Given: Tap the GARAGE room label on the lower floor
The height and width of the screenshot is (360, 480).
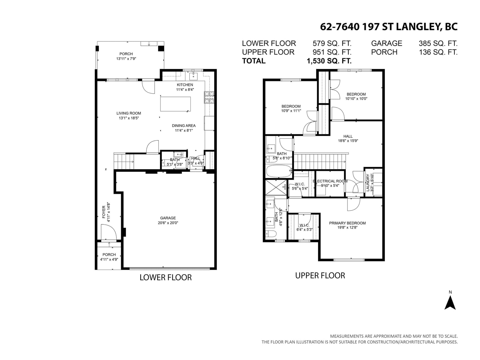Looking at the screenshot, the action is tap(168, 218).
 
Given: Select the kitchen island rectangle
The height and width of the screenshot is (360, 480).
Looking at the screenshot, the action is tap(175, 104).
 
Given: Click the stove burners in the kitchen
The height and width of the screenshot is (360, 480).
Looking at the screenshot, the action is tap(209, 97).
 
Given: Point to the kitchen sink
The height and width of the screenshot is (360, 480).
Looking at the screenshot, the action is tap(193, 76).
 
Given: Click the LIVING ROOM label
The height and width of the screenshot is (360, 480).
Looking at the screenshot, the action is tap(129, 113).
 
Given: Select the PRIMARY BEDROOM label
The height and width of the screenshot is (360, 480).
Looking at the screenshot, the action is tap(347, 223).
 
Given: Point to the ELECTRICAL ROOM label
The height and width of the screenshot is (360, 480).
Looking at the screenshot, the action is tap(330, 181).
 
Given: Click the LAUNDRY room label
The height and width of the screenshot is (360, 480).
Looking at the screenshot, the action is tap(368, 182).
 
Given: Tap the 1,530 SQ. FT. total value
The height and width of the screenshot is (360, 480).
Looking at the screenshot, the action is tap(329, 61).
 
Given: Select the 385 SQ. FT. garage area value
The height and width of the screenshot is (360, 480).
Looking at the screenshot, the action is tap(438, 43).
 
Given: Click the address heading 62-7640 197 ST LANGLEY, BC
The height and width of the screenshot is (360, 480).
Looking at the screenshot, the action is tap(389, 27).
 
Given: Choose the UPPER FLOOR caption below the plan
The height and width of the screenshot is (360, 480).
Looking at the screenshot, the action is tap(320, 276).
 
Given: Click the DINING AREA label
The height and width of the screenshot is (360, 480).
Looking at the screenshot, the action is tap(184, 126).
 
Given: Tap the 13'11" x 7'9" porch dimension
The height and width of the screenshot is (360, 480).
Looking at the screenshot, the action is tap(126, 58).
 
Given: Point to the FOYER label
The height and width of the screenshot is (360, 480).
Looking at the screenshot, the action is tap(104, 212).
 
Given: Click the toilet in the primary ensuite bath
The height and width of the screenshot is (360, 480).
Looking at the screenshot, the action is tap(271, 233).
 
